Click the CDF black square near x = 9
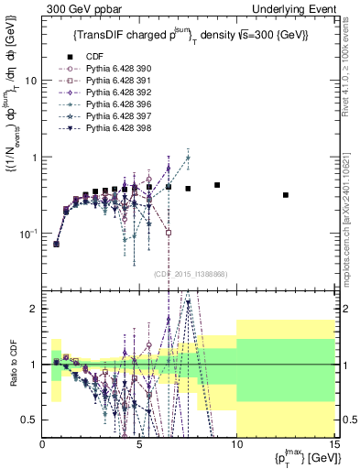pos(217,185)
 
